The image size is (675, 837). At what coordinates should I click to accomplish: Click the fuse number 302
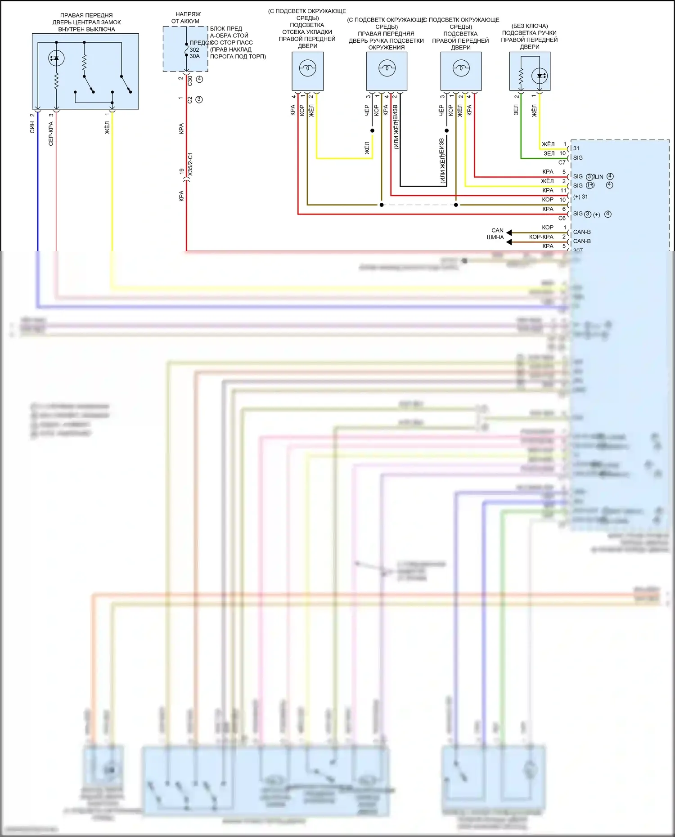[194, 50]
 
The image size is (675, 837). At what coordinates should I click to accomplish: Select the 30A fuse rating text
[194, 56]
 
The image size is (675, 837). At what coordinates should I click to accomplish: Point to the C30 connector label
[190, 81]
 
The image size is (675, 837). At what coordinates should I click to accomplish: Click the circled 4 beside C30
[199, 79]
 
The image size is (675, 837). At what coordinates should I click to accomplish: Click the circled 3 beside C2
[199, 99]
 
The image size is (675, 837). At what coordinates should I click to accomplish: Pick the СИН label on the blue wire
[32, 128]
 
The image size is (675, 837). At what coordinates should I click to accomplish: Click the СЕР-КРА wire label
[51, 134]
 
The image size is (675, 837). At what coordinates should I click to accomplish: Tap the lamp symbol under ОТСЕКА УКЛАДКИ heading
[308, 69]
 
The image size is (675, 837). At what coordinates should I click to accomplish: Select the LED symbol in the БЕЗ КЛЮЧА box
[540, 76]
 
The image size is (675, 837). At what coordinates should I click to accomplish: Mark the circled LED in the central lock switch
[56, 58]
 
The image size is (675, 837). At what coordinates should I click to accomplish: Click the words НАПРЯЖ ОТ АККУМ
[186, 18]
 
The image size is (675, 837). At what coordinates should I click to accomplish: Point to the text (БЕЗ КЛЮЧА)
[530, 26]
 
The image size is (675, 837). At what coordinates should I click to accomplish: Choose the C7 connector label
[562, 162]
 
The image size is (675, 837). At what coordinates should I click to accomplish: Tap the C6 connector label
[562, 218]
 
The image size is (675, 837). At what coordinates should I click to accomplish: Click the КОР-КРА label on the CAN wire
[541, 237]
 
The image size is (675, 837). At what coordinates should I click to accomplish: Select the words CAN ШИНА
[496, 234]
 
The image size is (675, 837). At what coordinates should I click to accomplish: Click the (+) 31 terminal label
[580, 197]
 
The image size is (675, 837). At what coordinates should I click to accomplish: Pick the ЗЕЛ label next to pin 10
[549, 153]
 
